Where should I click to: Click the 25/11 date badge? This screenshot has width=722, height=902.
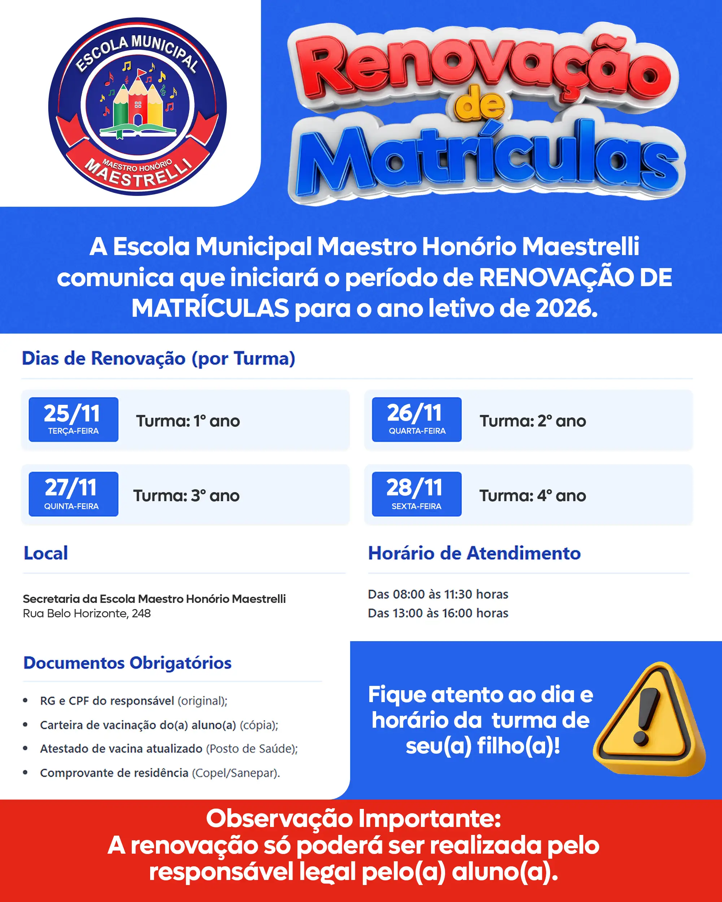(x=73, y=419)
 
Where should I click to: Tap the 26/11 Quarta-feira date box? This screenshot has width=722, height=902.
(x=417, y=419)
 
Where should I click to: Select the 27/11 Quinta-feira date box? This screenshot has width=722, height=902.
(x=73, y=494)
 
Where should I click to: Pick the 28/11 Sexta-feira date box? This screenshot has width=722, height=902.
(x=417, y=494)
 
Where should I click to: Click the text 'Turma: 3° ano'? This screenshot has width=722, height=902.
(x=186, y=496)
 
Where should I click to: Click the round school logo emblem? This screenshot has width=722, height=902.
(x=137, y=106)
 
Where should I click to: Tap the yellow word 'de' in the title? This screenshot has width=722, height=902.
(x=480, y=104)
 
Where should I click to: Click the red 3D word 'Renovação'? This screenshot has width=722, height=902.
(x=486, y=67)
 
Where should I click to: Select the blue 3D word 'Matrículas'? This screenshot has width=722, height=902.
(x=488, y=159)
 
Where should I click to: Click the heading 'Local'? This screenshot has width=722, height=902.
(x=45, y=553)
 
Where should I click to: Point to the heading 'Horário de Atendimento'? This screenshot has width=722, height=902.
(x=474, y=553)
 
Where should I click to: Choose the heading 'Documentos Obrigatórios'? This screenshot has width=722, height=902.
(x=127, y=663)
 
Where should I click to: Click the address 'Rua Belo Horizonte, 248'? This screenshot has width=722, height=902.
(x=87, y=613)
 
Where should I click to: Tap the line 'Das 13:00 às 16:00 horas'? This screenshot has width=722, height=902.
(x=438, y=613)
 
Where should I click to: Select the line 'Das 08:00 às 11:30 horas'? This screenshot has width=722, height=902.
(x=438, y=594)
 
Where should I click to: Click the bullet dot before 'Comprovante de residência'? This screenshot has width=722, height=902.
(x=25, y=772)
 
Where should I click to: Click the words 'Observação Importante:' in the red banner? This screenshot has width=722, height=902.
(x=353, y=818)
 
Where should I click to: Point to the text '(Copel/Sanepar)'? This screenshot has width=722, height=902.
(x=236, y=773)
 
